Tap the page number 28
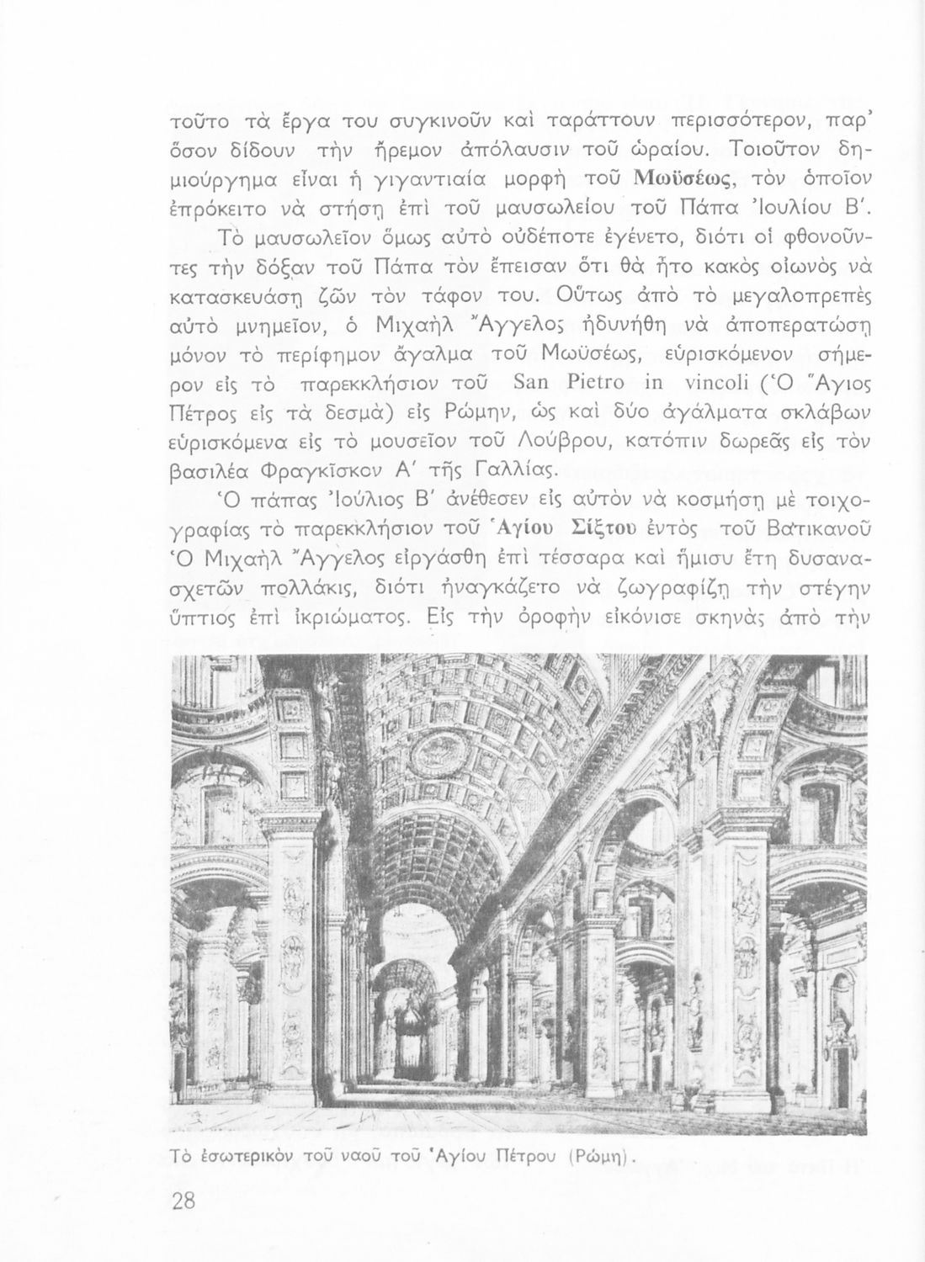tap(183, 1201)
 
